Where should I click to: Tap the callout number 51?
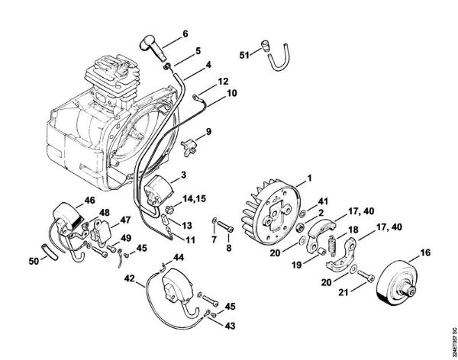coord(244,54)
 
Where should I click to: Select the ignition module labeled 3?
coord(160,191)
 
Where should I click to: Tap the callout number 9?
coord(208,131)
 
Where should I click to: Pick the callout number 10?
coord(231,93)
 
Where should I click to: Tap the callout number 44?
coord(180,260)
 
